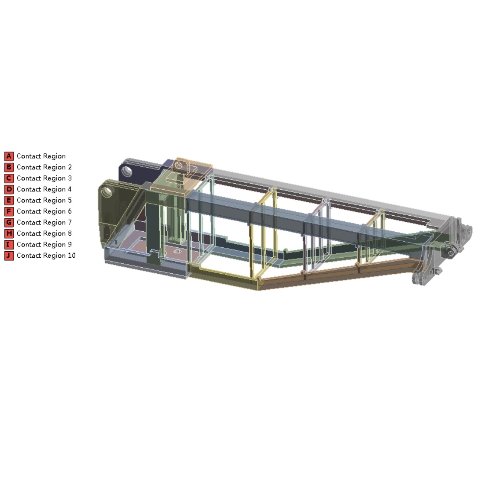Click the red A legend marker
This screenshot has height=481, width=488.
pyautogui.click(x=9, y=156)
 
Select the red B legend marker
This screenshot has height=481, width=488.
pyautogui.click(x=9, y=167)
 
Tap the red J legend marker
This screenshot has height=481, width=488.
pyautogui.click(x=9, y=256)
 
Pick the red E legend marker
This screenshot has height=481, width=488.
pyautogui.click(x=9, y=201)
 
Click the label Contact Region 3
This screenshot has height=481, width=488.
pyautogui.click(x=44, y=179)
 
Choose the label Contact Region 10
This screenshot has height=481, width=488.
pyautogui.click(x=46, y=256)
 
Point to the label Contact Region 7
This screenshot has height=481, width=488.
pyautogui.click(x=44, y=223)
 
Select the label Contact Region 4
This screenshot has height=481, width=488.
pyautogui.click(x=44, y=189)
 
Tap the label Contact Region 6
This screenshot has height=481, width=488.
pyautogui.click(x=44, y=211)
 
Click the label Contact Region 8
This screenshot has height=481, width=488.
pyautogui.click(x=44, y=234)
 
